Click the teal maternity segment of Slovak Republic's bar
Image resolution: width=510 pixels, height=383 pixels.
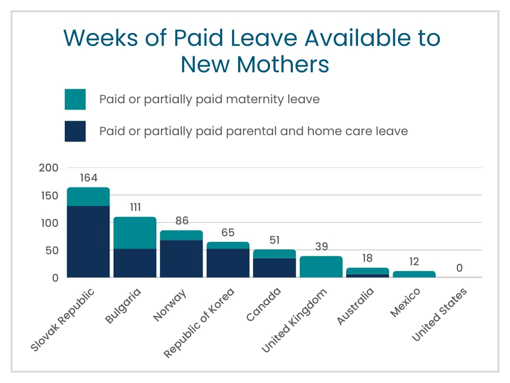coord(88,196)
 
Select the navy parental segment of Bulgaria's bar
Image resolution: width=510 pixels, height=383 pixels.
coord(135,263)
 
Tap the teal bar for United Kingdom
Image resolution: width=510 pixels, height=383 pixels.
coord(321,267)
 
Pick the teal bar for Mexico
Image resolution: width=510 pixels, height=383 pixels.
coord(414,274)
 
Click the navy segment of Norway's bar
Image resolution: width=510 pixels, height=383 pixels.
coord(181,259)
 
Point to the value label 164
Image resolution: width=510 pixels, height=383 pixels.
coord(88,178)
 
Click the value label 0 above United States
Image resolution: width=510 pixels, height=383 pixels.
coord(459,268)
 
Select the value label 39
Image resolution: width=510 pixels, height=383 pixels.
coord(321,247)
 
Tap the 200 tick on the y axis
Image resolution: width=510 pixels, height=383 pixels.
coord(48,168)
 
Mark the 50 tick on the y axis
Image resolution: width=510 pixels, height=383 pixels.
coord(51,250)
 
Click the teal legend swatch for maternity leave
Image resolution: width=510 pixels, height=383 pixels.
coord(75,99)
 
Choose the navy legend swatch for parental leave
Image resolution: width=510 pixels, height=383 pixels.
coord(75,131)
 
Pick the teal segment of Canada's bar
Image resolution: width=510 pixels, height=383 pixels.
coord(274,254)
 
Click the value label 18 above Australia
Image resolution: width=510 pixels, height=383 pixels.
coord(368,259)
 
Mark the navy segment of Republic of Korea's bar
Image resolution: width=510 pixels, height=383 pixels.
coord(228,263)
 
